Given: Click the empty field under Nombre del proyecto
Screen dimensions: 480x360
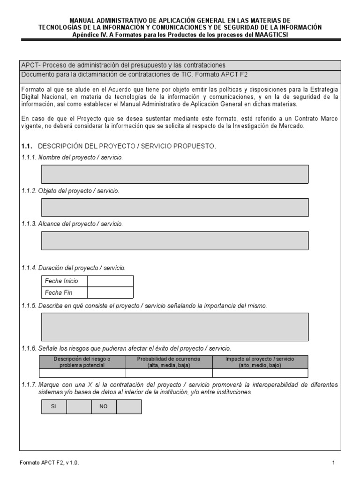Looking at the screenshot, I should coord(175,174).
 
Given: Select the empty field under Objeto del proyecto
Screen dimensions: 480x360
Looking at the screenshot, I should coord(175,207).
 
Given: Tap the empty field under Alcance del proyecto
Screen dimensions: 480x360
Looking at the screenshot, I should coord(175,240).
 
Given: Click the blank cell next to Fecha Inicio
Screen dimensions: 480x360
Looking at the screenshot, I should coord(110,281).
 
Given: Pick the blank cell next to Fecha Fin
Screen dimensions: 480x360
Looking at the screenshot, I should coord(110,293).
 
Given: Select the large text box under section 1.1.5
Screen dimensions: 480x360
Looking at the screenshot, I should coord(175,327).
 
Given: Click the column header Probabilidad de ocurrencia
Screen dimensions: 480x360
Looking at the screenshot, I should coord(169,362).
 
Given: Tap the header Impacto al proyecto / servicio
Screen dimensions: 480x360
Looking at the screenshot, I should coord(260,362).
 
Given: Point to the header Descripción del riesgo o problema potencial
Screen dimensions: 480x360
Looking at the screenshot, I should coord(82,362).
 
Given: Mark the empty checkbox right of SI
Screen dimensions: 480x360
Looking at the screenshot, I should coord(79,406).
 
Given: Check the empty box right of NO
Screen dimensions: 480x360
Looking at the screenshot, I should coord(128,406).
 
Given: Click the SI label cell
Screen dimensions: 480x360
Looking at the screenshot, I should coord(53,406).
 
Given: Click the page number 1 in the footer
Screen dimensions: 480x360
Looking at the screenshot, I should coord(333,463).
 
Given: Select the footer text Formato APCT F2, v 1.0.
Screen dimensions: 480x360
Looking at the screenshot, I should coord(49,463).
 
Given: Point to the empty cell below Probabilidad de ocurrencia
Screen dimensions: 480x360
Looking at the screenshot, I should coord(169,373).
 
